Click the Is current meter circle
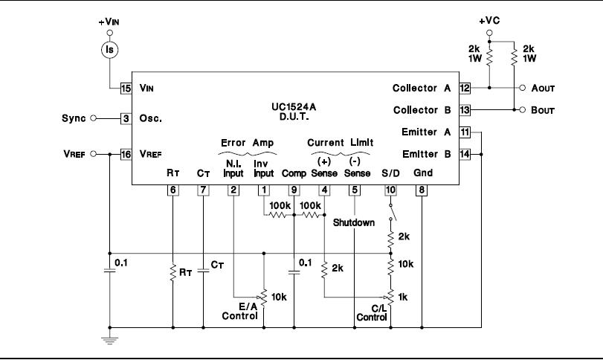tap(109, 50)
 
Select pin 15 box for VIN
tap(126, 88)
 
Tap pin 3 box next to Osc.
tap(126, 118)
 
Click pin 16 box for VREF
tap(126, 154)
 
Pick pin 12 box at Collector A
tap(465, 88)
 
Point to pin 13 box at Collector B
tap(465, 110)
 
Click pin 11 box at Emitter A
tap(465, 132)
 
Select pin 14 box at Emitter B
tap(465, 154)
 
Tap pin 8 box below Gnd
tap(422, 190)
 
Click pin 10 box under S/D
tap(390, 190)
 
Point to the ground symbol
tap(109, 340)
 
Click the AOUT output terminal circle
tap(522, 88)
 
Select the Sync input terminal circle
tap(93, 118)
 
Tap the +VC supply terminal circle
tap(489, 33)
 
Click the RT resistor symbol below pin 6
tap(173, 272)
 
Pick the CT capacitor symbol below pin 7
tap(203, 271)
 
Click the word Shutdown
tap(354, 222)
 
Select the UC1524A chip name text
tap(294, 106)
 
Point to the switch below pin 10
tap(392, 212)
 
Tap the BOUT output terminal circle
tap(522, 110)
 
